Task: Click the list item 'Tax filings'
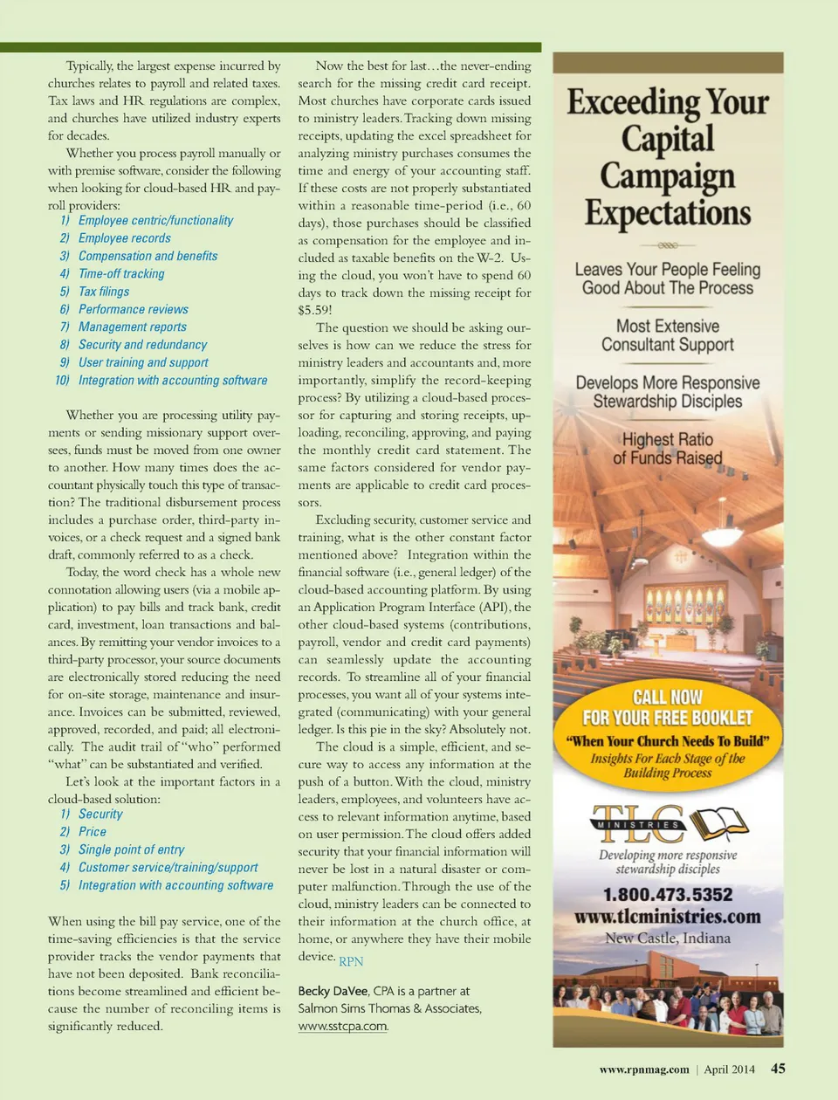[x=103, y=292]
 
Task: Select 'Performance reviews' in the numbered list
[x=133, y=309]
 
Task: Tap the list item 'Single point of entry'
[x=131, y=849]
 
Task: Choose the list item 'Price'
[x=92, y=832]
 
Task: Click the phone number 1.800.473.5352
[x=668, y=895]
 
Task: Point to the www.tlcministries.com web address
[x=668, y=917]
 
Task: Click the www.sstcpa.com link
[x=343, y=1027]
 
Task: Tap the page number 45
[x=778, y=1069]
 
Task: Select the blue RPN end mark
[x=351, y=961]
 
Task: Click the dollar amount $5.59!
[x=315, y=310]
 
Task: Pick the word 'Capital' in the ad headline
[x=668, y=139]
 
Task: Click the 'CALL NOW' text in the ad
[x=668, y=697]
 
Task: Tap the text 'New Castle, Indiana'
[x=668, y=938]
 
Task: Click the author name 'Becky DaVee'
[x=333, y=991]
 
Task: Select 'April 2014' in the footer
[x=729, y=1069]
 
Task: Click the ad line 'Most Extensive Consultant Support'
[x=668, y=335]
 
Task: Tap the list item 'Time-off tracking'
[x=120, y=274]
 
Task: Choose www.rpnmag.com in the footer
[x=644, y=1069]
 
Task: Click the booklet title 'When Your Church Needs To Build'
[x=668, y=741]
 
